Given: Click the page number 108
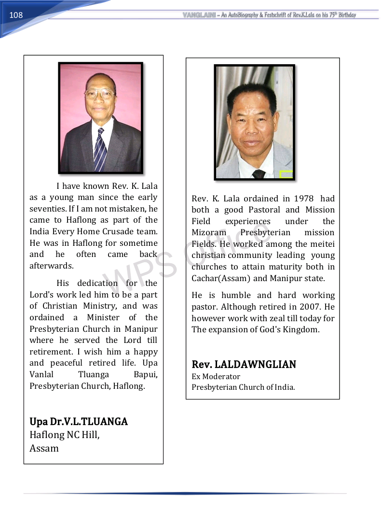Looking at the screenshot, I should tap(16, 15).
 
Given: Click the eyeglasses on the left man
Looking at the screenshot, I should tap(99, 93).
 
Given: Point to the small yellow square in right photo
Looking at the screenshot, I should tap(286, 174).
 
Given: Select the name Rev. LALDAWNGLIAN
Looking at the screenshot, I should tap(244, 364).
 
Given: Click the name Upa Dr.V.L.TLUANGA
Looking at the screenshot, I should tap(79, 422).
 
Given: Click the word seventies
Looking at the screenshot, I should tap(48, 209).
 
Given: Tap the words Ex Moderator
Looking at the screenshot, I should tap(216, 376).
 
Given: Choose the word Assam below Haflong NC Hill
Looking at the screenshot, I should tap(44, 448).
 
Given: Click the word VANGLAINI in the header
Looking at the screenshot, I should tap(199, 15).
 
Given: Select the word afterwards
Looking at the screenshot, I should tap(52, 266).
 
